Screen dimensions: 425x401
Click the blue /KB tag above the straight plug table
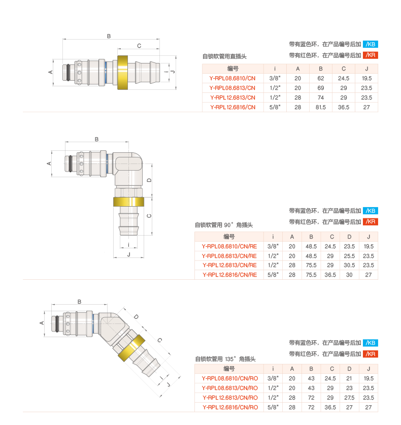371,44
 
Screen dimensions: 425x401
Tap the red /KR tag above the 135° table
371,354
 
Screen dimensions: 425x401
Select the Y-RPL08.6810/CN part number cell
232,78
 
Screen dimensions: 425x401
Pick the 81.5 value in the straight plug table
320,107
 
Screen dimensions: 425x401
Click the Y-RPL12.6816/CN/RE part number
229,275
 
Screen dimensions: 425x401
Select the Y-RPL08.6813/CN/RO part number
229,388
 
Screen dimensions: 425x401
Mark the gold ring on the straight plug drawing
122,72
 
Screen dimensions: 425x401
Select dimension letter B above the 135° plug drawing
79,302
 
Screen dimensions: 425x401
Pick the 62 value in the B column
320,78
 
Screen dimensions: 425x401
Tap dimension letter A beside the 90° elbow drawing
49,164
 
